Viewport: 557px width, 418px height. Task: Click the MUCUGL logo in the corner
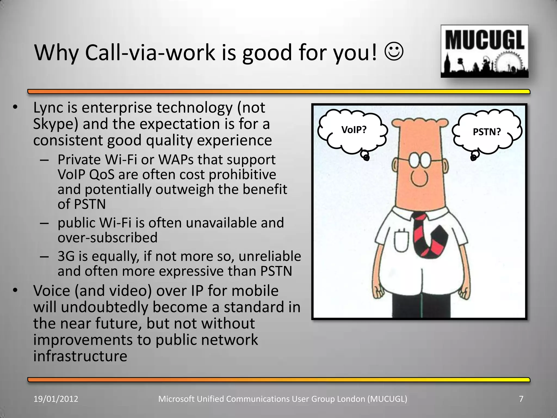[x=484, y=51]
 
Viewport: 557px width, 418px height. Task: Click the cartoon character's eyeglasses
[x=419, y=161]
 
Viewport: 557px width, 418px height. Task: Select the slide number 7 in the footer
[x=521, y=399]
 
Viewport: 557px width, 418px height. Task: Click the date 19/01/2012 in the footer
[x=56, y=399]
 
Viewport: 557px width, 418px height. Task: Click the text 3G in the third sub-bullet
[x=66, y=256]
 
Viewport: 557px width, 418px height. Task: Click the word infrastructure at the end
[x=80, y=356]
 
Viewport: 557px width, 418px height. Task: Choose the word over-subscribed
[x=107, y=238]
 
